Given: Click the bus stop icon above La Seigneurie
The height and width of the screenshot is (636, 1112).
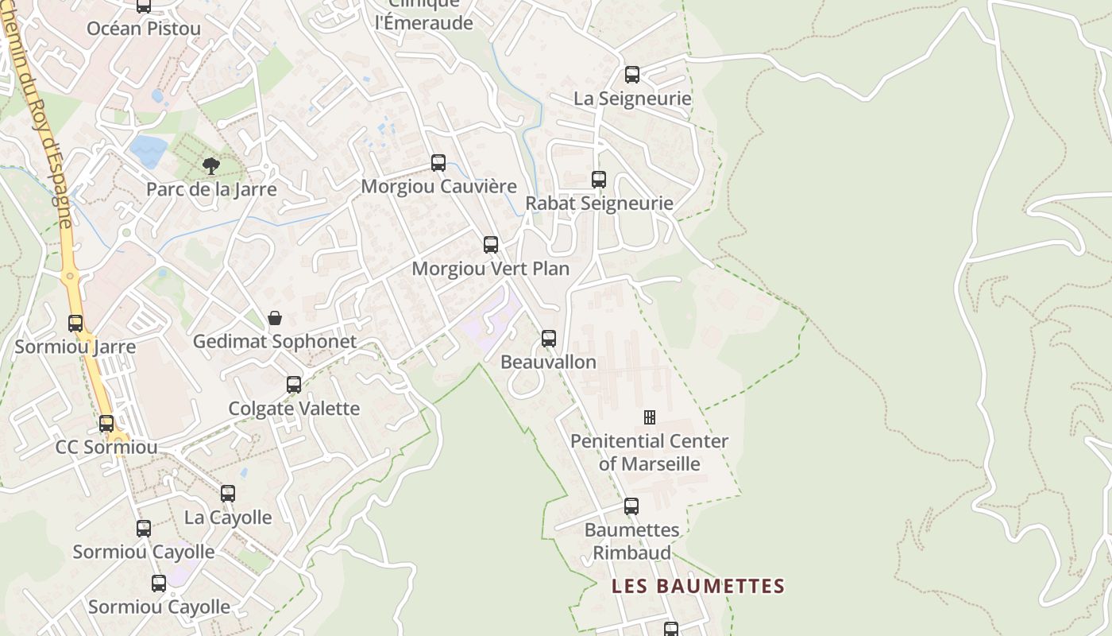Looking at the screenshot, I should pyautogui.click(x=632, y=75).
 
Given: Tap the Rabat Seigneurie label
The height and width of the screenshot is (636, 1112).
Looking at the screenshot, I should pyautogui.click(x=599, y=204).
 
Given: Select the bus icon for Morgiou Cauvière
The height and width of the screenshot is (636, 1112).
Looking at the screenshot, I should pyautogui.click(x=438, y=163).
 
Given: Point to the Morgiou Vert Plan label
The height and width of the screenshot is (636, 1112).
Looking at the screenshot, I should pyautogui.click(x=490, y=269).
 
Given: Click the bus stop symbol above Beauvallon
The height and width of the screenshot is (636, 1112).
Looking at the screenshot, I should pyautogui.click(x=549, y=339).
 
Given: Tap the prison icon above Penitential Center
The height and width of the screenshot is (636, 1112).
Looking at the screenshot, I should pyautogui.click(x=649, y=417).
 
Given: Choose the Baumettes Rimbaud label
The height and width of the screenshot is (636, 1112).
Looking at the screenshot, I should pyautogui.click(x=631, y=541).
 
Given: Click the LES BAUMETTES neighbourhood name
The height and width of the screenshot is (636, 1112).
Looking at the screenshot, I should pyautogui.click(x=697, y=587).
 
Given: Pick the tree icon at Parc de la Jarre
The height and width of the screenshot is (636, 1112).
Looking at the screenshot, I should pyautogui.click(x=211, y=165).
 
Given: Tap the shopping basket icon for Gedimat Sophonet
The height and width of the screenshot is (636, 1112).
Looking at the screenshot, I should pyautogui.click(x=275, y=319).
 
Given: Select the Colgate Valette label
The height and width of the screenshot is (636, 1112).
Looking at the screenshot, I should pyautogui.click(x=294, y=409).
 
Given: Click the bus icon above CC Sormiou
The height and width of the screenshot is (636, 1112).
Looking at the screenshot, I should pyautogui.click(x=106, y=424).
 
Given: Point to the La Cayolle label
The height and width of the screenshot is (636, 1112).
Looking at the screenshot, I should pyautogui.click(x=228, y=518).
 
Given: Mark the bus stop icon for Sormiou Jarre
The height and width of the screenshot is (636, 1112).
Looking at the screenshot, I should pyautogui.click(x=75, y=324).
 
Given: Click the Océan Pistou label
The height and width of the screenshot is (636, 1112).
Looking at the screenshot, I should pyautogui.click(x=144, y=29).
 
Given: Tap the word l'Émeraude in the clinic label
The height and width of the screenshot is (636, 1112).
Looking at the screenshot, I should pyautogui.click(x=423, y=22).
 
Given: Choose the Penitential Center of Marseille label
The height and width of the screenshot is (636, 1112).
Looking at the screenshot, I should pyautogui.click(x=649, y=452).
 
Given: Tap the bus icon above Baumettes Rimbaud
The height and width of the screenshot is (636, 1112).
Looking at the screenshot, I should pyautogui.click(x=631, y=506).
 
